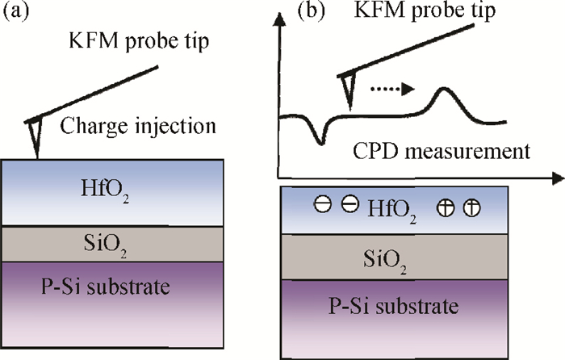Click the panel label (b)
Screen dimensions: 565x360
coord(311,10)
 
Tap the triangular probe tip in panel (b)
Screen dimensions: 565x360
coord(347,90)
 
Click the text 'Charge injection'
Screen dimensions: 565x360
coord(138,127)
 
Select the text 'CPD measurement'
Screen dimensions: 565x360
coord(442,152)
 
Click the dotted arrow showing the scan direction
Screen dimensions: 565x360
coord(393,89)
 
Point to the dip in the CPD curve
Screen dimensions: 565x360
coord(320,141)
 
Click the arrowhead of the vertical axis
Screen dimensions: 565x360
coord(279,19)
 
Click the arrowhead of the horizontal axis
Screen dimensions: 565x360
coord(557,178)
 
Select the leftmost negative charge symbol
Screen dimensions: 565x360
coord(323,204)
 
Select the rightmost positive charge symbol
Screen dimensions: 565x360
coord(471,208)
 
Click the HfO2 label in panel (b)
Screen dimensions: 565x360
coord(391,210)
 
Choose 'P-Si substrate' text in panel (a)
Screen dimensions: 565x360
coord(106,287)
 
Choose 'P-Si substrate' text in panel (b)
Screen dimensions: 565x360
coord(394,306)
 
